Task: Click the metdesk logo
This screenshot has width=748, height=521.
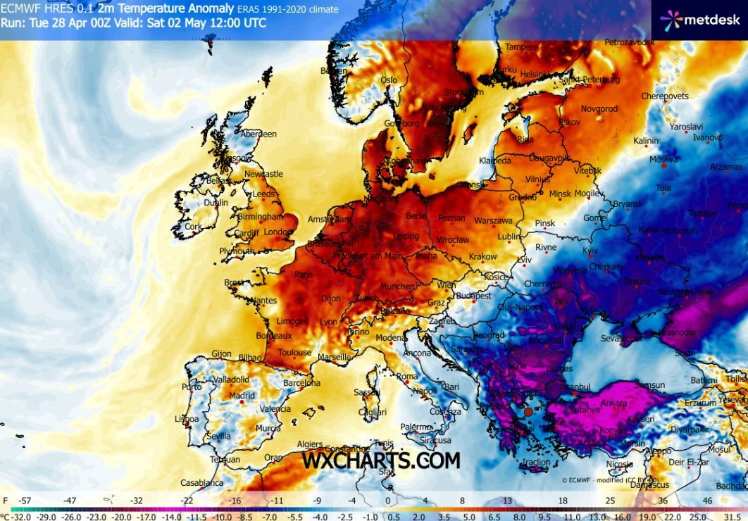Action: coord(700,20)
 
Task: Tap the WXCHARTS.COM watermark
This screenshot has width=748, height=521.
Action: coord(381,460)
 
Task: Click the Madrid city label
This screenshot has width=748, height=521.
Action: coord(241,396)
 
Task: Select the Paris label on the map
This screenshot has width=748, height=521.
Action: coord(304,275)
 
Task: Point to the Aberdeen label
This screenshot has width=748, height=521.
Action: coord(258,134)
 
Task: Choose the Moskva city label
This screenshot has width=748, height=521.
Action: coord(663,160)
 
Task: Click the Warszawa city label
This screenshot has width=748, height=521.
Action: coord(493,220)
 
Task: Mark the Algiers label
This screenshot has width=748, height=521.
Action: coord(311,444)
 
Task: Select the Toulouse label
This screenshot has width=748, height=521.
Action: coord(294,352)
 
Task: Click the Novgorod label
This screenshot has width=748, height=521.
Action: coord(599,109)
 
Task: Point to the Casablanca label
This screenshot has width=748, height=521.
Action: coord(202,483)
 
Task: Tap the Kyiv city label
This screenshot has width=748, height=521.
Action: coord(591,251)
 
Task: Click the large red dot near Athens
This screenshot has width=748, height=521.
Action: coord(528,413)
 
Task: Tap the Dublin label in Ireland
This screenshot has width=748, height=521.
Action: coord(215,203)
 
